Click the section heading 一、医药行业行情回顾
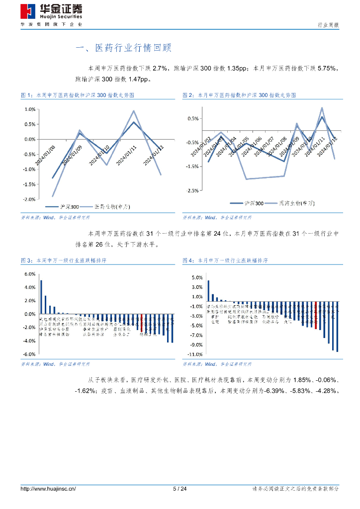(123, 48)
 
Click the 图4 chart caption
(225, 260)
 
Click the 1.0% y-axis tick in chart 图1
(29, 109)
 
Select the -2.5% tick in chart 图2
(192, 190)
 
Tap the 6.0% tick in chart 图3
(29, 274)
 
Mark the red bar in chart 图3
(142, 323)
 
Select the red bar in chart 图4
(316, 315)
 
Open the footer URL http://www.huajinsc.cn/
(48, 489)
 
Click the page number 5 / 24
(180, 489)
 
